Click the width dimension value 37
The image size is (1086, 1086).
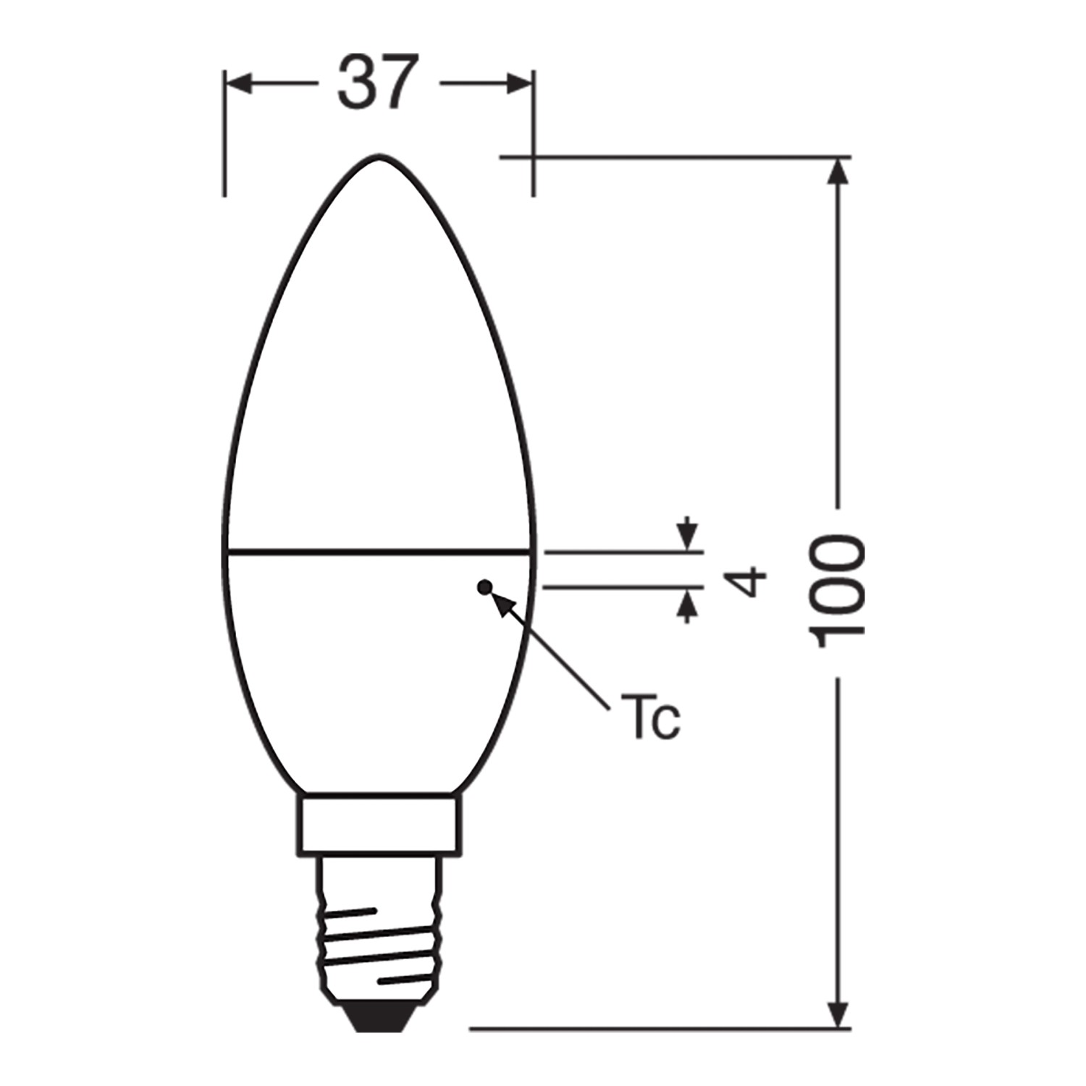378,83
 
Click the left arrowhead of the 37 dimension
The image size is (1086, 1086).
239,84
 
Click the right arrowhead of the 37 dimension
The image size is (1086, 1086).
518,84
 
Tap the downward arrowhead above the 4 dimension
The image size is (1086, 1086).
687,536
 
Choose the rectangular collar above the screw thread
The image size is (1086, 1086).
379,826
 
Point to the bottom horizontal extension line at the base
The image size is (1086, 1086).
652,1028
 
